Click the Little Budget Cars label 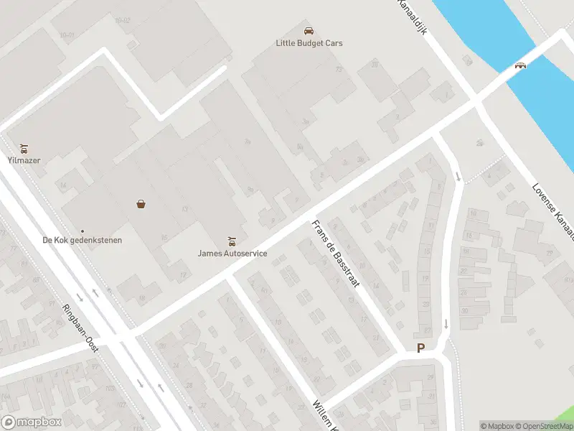[x=309, y=43]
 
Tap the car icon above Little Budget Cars [x=309, y=31]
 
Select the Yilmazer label [x=24, y=160]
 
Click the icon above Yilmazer [x=24, y=149]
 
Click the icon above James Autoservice [x=231, y=241]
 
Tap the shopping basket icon [x=141, y=204]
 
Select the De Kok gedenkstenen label [x=82, y=240]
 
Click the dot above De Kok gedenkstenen [x=82, y=231]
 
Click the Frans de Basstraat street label [x=336, y=254]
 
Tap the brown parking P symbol [x=420, y=348]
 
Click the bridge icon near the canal [x=521, y=65]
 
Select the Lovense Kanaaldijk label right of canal [x=554, y=213]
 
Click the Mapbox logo [x=31, y=422]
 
